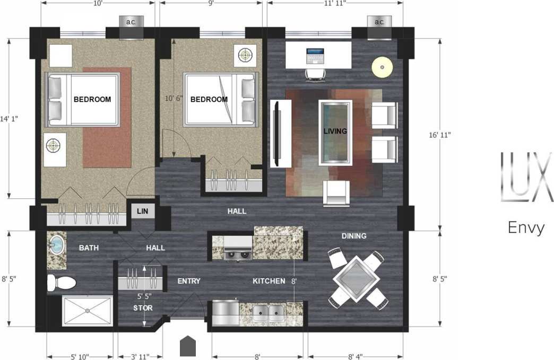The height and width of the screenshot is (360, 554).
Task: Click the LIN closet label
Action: coord(142,211)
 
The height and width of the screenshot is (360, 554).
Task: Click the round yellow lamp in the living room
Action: coord(382,67)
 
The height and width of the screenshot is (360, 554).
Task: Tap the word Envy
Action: coord(526,227)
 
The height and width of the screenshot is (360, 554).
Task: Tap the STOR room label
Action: coord(142,308)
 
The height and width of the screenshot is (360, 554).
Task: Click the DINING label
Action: coord(354,236)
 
